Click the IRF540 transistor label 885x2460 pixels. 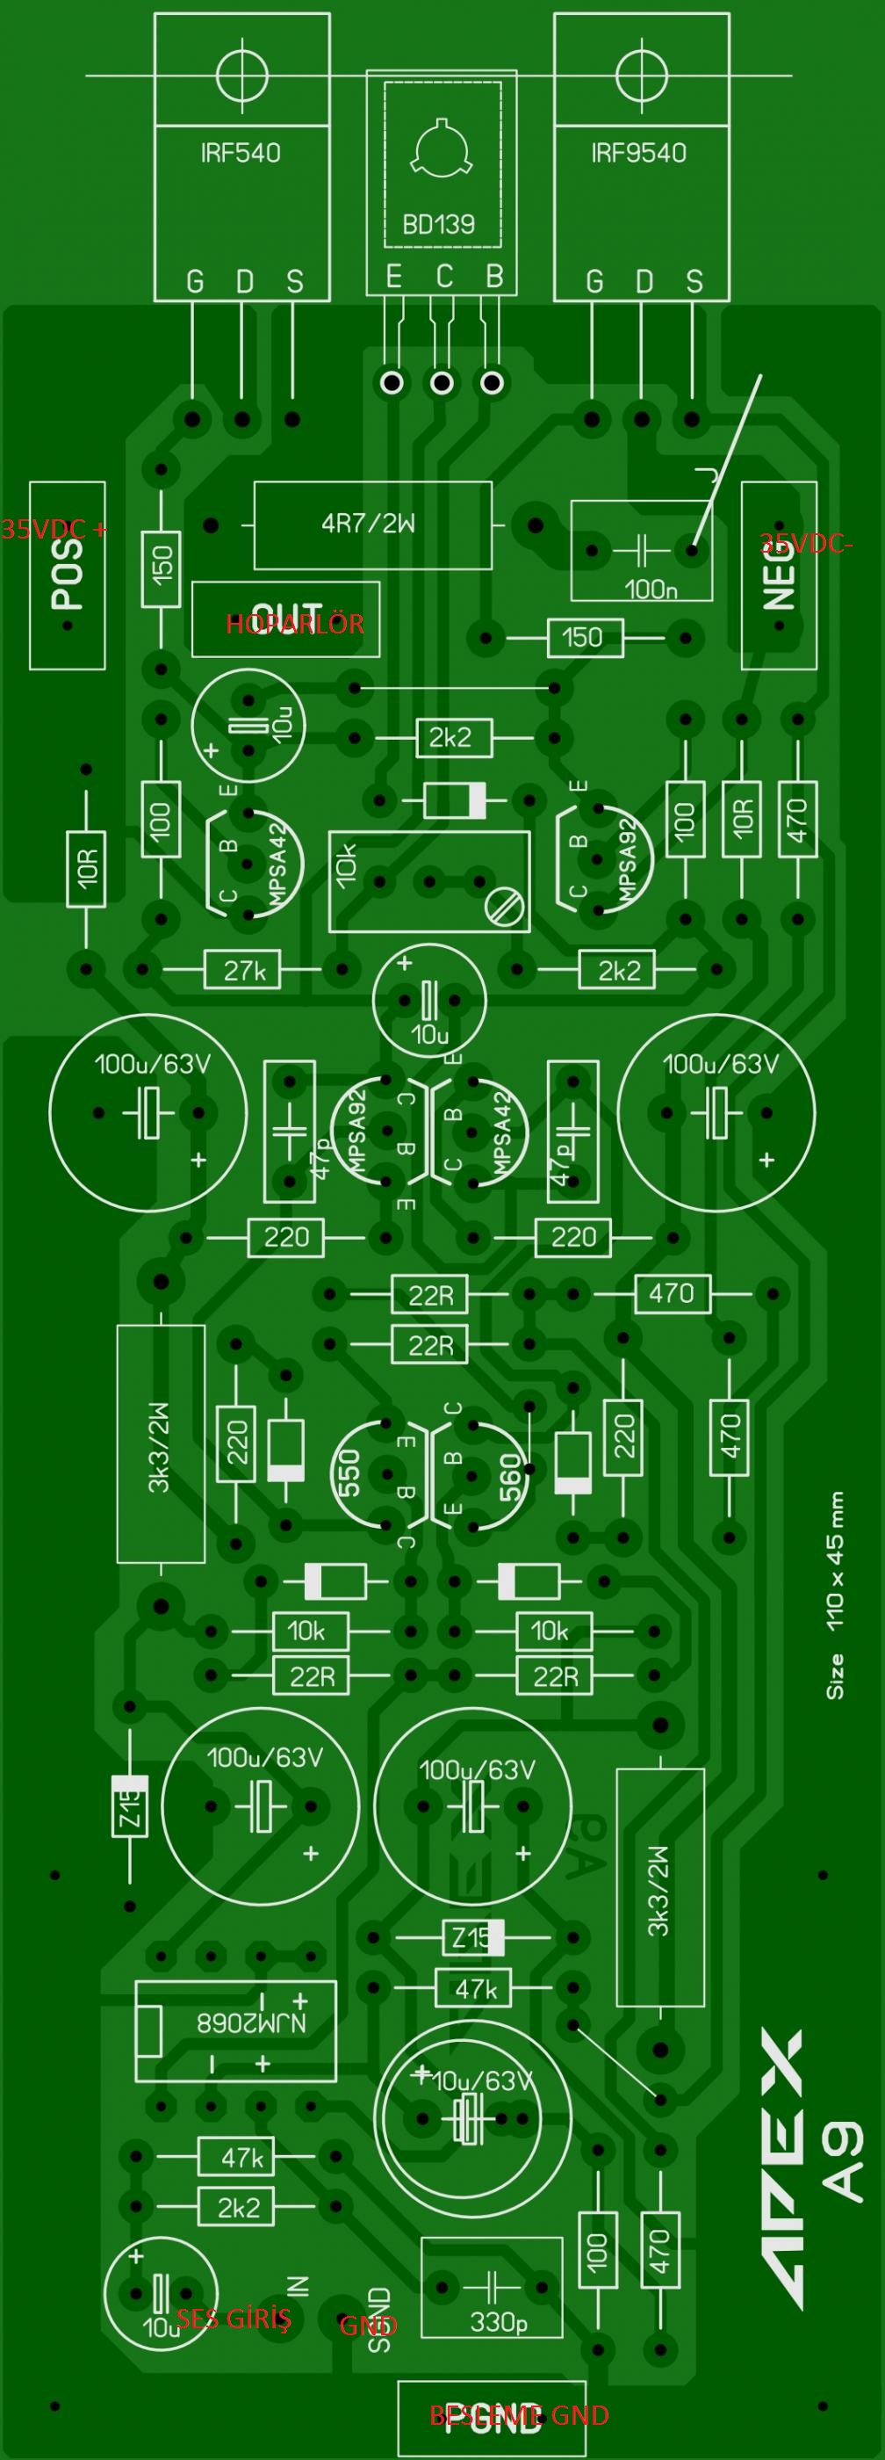241,153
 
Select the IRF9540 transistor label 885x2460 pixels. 638,153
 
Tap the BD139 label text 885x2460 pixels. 438,224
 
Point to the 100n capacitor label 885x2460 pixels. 651,589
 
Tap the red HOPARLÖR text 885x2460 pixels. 294,625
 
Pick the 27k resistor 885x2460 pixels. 244,971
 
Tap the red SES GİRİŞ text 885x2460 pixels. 234,2318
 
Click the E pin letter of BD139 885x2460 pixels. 393,277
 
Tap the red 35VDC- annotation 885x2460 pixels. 807,545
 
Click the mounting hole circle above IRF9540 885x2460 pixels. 641,75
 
